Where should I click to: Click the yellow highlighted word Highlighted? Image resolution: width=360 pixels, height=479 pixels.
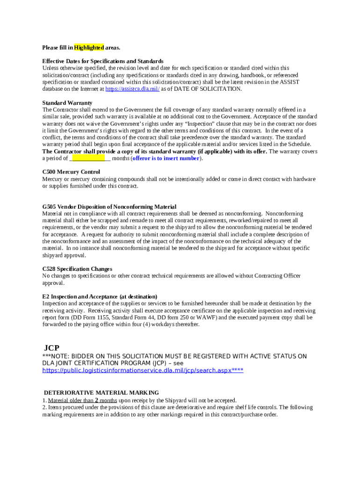[x=89, y=48]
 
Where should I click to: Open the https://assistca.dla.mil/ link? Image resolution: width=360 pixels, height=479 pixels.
[x=132, y=89]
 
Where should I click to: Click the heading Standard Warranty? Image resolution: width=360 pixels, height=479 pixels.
[x=67, y=103]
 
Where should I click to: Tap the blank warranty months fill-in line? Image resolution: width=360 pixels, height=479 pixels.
[x=89, y=159]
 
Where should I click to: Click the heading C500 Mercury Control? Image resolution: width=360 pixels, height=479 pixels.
[x=71, y=172]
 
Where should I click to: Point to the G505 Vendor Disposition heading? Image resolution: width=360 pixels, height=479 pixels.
[x=109, y=207]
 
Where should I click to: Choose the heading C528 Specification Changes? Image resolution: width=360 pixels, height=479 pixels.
[x=77, y=269]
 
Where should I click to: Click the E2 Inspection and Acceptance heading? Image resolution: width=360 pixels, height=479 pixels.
[x=100, y=297]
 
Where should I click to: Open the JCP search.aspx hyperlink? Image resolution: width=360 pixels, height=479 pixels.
[x=143, y=370]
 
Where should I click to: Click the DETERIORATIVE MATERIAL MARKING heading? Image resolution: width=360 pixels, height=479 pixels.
[x=101, y=393]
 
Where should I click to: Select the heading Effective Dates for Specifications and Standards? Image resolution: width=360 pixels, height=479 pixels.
[x=103, y=61]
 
